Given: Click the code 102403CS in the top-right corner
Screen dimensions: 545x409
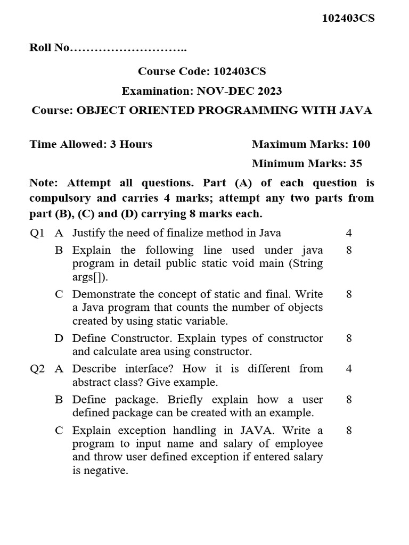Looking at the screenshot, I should [x=348, y=18].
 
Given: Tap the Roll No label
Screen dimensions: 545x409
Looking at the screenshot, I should [x=50, y=48].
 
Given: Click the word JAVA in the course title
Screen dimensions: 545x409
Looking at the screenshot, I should [x=356, y=111].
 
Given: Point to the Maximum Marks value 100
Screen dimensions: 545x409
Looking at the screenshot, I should [x=361, y=144].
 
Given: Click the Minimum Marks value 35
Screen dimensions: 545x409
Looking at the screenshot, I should [x=356, y=163].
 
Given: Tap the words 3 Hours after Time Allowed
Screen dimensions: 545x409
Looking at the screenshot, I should [x=131, y=144].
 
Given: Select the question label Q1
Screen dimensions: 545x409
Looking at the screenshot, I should [x=38, y=233].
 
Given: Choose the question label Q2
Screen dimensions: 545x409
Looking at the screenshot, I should [x=38, y=369].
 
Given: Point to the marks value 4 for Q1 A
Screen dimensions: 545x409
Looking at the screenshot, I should [x=349, y=233].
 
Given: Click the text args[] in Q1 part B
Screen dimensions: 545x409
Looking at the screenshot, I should [x=89, y=277].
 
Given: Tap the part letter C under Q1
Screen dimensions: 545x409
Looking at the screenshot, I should [x=59, y=294].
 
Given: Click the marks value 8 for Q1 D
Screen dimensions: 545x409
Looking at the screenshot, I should [x=349, y=338].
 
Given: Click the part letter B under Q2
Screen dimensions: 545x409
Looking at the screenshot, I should [x=59, y=400].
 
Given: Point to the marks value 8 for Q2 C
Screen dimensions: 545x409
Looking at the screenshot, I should [x=349, y=430].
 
